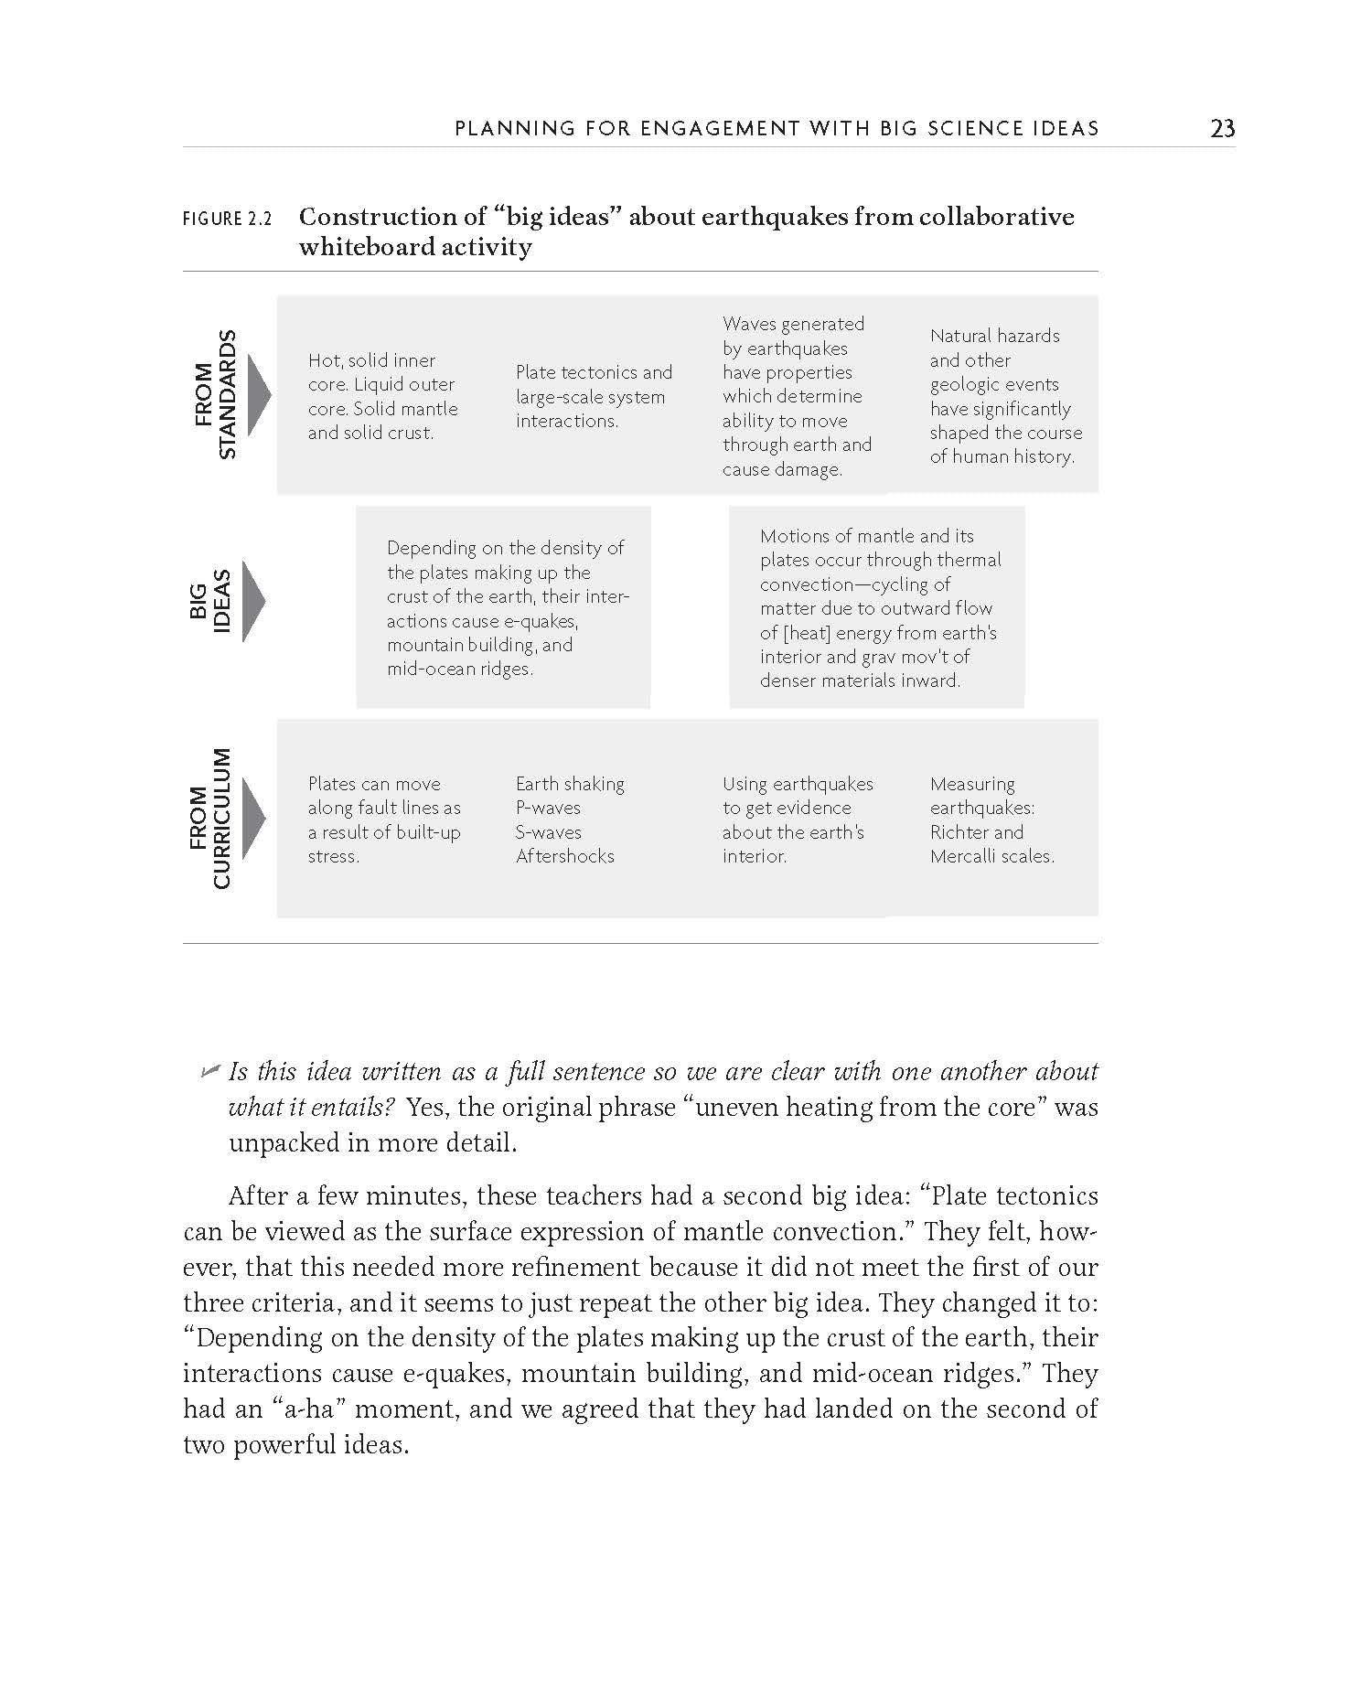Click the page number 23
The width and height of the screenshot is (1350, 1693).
[x=1222, y=128]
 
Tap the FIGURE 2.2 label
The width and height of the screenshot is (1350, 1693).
[x=228, y=220]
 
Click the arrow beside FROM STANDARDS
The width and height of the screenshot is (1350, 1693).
[x=259, y=395]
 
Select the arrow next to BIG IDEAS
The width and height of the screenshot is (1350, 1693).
[x=253, y=601]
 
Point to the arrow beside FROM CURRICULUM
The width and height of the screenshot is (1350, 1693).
[x=255, y=818]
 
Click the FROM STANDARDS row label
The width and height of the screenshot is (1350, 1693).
[x=216, y=394]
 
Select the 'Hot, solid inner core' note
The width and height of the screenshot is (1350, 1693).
[x=383, y=397]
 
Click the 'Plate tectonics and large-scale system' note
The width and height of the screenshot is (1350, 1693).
[x=594, y=396]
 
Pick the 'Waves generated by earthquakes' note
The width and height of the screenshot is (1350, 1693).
[x=797, y=396]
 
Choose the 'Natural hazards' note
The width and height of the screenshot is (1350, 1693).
[x=1005, y=396]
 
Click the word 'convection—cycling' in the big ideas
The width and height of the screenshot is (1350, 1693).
[x=855, y=584]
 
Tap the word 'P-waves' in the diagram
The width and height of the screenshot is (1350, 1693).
[x=548, y=808]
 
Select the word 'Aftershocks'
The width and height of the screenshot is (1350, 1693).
[x=564, y=856]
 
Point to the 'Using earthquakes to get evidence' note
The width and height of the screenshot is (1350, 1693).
[x=798, y=820]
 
